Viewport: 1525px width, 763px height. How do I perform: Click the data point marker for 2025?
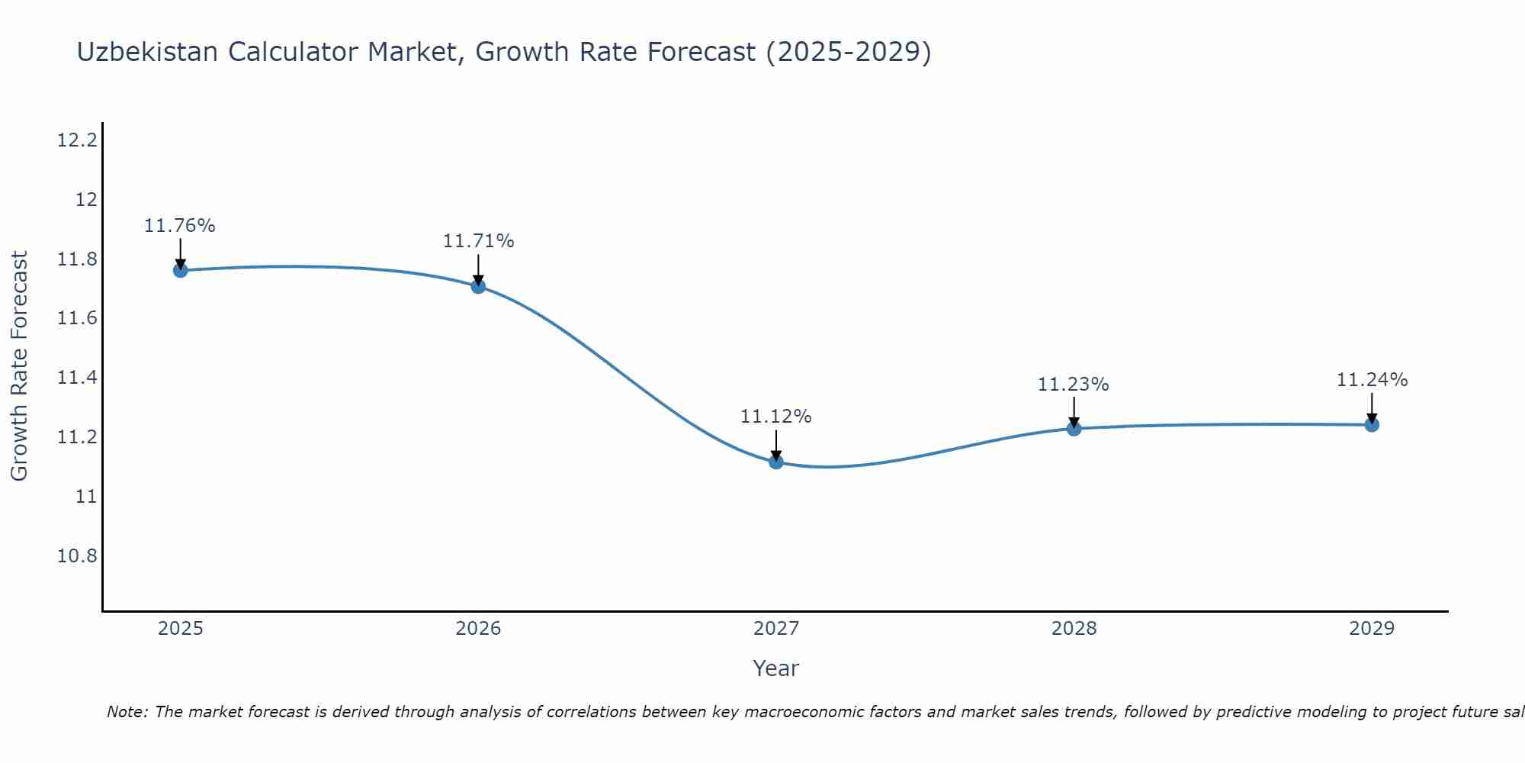[x=180, y=270]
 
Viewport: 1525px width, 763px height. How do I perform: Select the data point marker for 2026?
[x=478, y=286]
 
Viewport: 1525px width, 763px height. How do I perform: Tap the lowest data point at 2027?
[x=776, y=462]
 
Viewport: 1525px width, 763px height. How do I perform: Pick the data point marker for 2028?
[x=1074, y=429]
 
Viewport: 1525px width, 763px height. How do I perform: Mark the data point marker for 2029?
[x=1372, y=425]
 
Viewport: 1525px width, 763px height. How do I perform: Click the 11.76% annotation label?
[x=180, y=226]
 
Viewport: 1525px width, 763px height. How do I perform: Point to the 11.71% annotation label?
[x=478, y=241]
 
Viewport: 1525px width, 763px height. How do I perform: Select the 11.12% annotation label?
[x=776, y=417]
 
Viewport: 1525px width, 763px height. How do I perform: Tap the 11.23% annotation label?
[x=1073, y=385]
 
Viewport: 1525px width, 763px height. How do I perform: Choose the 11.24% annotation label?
[x=1372, y=380]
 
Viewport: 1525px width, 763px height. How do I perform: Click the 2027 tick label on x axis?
[x=776, y=629]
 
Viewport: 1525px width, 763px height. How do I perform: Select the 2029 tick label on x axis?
[x=1372, y=629]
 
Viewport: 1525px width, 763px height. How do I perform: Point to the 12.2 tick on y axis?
[x=77, y=140]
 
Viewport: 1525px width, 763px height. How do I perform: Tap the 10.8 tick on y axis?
[x=77, y=556]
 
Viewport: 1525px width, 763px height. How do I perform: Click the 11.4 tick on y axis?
[x=77, y=378]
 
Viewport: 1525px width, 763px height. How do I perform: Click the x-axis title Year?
[x=775, y=668]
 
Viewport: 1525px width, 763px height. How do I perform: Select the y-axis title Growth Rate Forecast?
[x=19, y=366]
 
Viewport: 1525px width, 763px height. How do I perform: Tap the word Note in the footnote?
[x=126, y=712]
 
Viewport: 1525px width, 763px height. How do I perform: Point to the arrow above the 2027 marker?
[x=776, y=445]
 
